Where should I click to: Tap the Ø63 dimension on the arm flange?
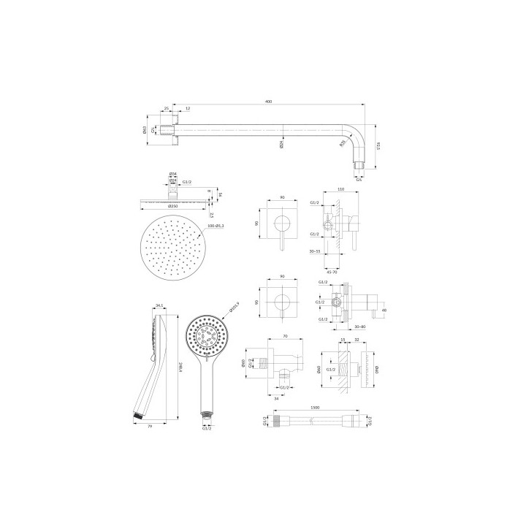pyautogui.click(x=145, y=131)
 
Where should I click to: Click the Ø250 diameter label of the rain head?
pyautogui.click(x=173, y=207)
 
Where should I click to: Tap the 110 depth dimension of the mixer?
pyautogui.click(x=340, y=189)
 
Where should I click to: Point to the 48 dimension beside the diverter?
pyautogui.click(x=384, y=309)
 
